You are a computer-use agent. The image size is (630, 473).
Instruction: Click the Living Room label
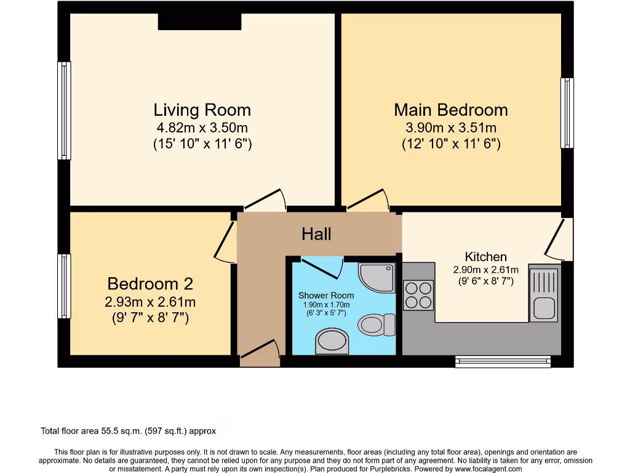pyautogui.click(x=202, y=110)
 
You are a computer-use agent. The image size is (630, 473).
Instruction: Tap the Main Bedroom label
pyautogui.click(x=450, y=110)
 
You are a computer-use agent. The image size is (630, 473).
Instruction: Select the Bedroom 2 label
pyautogui.click(x=150, y=284)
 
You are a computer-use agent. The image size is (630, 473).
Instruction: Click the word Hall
pyautogui.click(x=316, y=234)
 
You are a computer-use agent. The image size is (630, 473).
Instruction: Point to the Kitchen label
pyautogui.click(x=485, y=257)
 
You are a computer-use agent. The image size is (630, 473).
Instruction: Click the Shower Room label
pyautogui.click(x=326, y=296)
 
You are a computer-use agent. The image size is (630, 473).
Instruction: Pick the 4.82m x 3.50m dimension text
pyautogui.click(x=202, y=128)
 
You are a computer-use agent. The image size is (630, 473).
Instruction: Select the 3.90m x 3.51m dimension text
pyautogui.click(x=450, y=128)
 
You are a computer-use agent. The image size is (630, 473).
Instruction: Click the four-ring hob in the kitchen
pyautogui.click(x=418, y=294)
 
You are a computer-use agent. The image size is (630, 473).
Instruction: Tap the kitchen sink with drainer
pyautogui.click(x=544, y=294)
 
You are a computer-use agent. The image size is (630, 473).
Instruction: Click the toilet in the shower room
pyautogui.click(x=377, y=324)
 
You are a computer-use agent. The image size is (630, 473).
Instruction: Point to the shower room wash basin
pyautogui.click(x=332, y=341)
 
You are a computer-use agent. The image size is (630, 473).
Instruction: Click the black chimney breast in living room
pyautogui.click(x=199, y=21)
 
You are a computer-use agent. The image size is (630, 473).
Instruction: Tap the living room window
pyautogui.click(x=64, y=110)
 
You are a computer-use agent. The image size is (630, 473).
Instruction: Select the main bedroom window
pyautogui.click(x=567, y=113)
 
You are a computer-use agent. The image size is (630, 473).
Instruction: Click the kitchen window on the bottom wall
pyautogui.click(x=503, y=362)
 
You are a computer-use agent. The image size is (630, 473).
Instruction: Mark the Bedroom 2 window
pyautogui.click(x=64, y=286)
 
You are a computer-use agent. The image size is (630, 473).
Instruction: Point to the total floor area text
pyautogui.click(x=128, y=431)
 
